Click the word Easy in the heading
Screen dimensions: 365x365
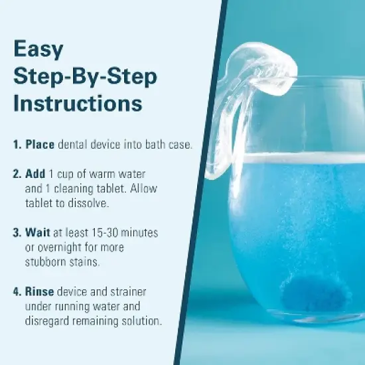(x=38, y=50)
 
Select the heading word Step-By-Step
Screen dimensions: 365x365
(x=85, y=76)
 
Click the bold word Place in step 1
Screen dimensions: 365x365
(x=40, y=144)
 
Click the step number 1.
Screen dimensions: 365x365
(x=17, y=144)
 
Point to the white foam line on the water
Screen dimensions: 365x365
(x=299, y=158)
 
